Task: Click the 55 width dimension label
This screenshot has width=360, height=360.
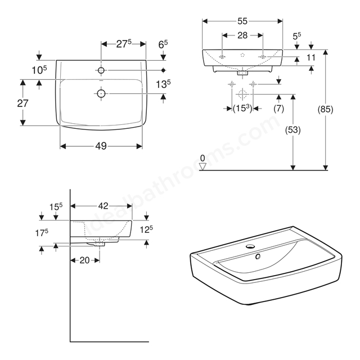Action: point(242,21)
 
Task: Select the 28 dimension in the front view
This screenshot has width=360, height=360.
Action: point(242,35)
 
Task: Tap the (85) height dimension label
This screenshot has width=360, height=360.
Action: point(325,109)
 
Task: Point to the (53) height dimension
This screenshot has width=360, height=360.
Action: point(292,130)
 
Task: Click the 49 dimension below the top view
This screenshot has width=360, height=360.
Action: point(101,146)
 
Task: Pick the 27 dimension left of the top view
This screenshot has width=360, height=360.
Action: point(22,103)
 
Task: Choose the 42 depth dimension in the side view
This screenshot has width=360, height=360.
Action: point(103,206)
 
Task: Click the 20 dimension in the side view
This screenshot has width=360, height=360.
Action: point(84,260)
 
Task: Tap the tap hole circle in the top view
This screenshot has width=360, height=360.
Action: point(101,70)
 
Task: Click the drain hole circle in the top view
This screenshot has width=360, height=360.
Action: point(101,93)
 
